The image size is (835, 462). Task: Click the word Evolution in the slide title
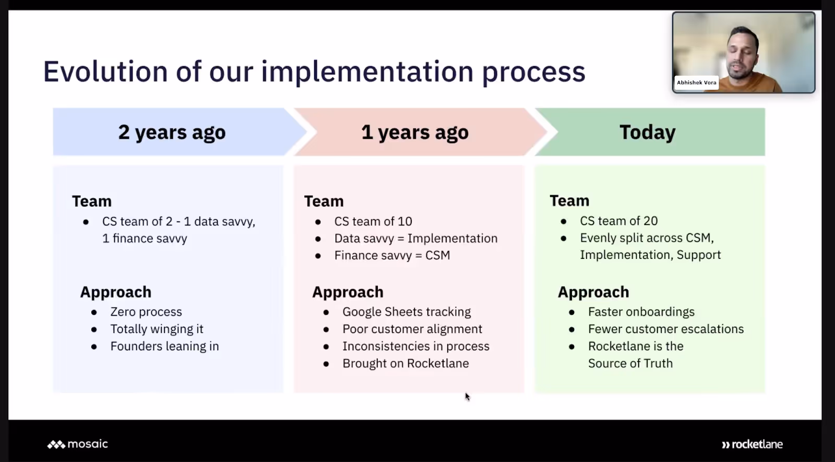coord(105,71)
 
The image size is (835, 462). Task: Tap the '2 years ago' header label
coord(172,133)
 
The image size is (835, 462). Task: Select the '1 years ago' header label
coord(414,133)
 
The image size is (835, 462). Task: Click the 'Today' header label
coord(648,132)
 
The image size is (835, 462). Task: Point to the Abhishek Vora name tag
coord(696,82)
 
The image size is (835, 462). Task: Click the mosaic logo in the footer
coord(78,444)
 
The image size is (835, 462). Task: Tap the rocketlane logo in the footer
coord(752,444)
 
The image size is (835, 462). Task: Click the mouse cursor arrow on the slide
coord(467,396)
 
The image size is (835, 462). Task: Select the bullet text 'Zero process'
coord(146,312)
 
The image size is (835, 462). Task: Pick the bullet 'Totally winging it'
coord(157,329)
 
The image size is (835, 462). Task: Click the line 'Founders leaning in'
coord(164,346)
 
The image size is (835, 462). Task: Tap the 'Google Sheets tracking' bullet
coord(407,312)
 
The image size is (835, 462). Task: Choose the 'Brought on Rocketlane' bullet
coord(405,363)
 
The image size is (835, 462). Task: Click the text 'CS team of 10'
coord(373,221)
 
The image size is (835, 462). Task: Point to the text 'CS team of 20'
coord(619,221)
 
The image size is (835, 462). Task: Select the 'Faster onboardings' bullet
coord(641,312)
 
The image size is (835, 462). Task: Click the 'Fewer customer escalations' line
coord(666,329)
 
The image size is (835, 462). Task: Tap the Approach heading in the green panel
coord(593,292)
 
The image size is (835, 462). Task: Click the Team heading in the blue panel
coord(92,202)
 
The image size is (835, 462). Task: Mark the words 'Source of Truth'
coord(630,363)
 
